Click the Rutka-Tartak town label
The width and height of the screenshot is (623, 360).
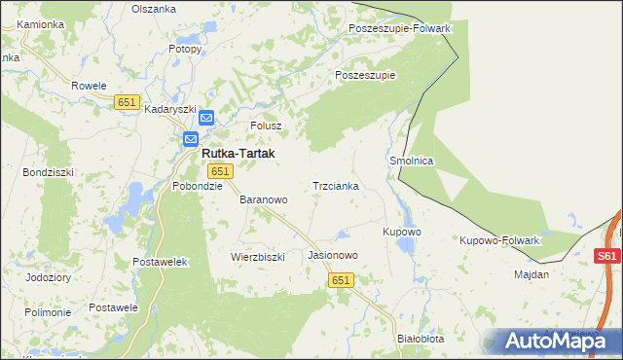[238, 154]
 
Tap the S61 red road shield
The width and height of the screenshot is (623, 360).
[606, 256]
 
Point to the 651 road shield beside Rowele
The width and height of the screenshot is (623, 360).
[127, 102]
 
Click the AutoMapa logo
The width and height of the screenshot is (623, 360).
[556, 341]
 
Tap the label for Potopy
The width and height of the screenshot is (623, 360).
[184, 48]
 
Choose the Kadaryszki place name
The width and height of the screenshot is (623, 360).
[171, 110]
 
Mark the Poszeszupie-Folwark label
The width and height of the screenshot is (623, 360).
[400, 29]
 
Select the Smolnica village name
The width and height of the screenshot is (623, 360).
[411, 161]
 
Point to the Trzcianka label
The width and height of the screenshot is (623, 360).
[336, 186]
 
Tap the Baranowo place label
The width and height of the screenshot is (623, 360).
[264, 199]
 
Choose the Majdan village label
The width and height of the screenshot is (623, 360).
[531, 274]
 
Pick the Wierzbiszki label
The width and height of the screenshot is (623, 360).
[257, 258]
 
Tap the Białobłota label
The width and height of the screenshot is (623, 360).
[421, 339]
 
